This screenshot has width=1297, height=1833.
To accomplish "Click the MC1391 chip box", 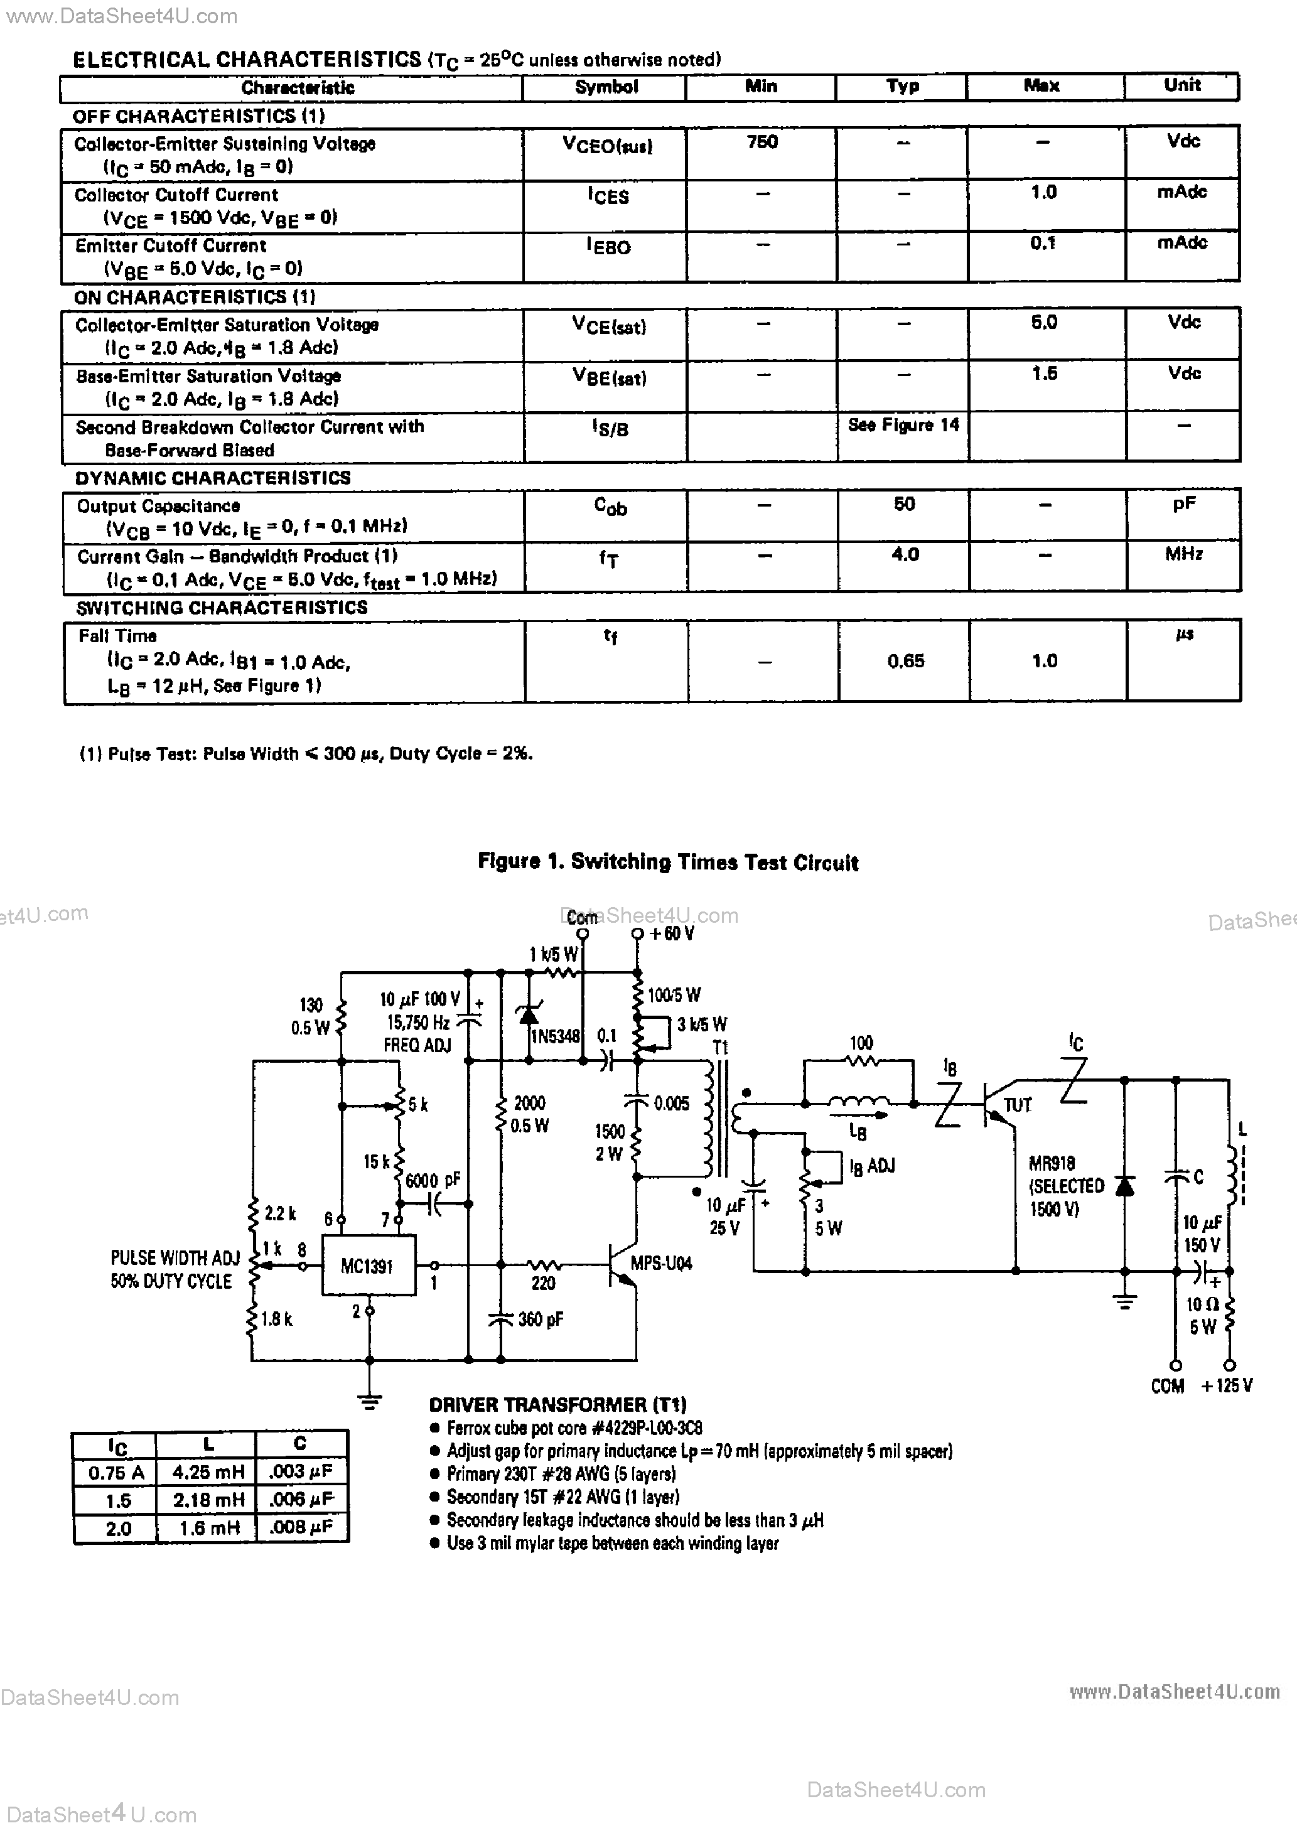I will point(367,1266).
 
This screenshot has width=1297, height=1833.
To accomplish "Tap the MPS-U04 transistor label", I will point(660,1263).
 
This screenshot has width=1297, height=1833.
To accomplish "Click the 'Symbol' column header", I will point(606,87).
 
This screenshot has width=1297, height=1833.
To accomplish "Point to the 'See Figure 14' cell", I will point(903,426).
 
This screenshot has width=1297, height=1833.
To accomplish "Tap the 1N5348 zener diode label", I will point(556,1036).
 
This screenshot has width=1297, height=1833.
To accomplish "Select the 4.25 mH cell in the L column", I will point(208,1471).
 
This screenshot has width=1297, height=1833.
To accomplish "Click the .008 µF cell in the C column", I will point(300,1528).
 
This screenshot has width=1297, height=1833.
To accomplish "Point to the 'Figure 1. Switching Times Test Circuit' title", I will point(668,863).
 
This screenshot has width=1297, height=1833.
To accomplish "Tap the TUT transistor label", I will point(1018,1105).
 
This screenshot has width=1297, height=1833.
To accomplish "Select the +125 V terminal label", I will point(1227,1386).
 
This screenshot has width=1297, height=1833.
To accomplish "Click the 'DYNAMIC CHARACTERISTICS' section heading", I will point(212,478).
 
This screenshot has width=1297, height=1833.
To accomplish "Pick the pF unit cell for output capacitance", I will point(1183,505).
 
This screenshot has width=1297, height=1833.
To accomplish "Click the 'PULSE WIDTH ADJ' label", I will point(175,1258).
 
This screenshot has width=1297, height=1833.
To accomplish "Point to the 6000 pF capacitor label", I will point(433,1180).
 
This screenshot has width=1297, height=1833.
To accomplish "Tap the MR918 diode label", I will point(1052,1163).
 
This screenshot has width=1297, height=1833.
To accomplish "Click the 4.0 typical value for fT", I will point(905,554).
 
